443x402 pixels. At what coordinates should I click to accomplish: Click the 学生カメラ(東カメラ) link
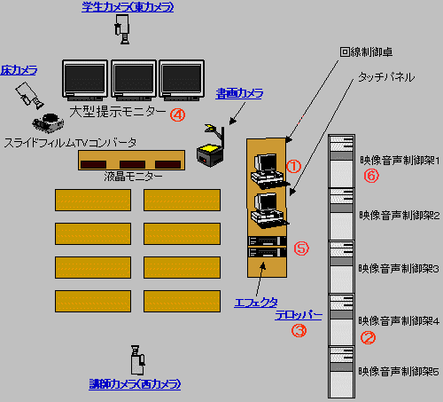point(128,7)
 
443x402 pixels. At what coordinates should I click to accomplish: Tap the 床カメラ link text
point(19,70)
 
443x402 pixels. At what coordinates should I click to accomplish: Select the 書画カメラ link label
point(239,94)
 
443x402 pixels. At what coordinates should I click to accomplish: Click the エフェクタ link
point(256,303)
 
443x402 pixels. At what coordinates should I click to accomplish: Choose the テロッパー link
point(299,315)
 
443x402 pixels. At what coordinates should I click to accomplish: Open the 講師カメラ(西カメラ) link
point(135,384)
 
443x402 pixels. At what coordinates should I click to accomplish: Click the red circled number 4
point(177,114)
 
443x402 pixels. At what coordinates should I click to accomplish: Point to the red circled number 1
point(293,167)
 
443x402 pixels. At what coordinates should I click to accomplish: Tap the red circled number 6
point(371,176)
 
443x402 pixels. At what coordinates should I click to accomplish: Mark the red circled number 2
point(368,337)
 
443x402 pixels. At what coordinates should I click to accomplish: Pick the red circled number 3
point(299,330)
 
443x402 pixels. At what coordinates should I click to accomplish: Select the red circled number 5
point(301,248)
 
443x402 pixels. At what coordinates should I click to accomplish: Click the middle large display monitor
point(134,79)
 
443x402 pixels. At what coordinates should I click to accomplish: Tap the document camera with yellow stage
point(211,146)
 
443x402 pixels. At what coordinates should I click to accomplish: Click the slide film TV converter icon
point(48,122)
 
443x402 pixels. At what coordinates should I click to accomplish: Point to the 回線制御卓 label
point(366,52)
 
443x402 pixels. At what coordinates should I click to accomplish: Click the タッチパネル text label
point(386,77)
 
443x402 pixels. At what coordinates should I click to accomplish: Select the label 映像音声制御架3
point(399,269)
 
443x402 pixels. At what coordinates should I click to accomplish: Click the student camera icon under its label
point(122,29)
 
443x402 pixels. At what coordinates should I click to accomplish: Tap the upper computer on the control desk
point(268,170)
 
